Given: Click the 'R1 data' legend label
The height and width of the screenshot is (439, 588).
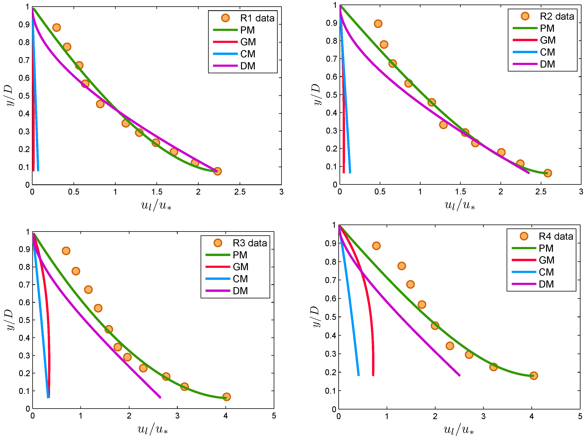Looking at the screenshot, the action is click(257, 18).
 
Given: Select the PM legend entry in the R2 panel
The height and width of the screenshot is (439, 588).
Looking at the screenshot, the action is click(547, 28).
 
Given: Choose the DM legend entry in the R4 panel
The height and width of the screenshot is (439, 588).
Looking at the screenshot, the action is click(546, 284).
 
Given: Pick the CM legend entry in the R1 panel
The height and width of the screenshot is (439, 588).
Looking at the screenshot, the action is click(248, 54).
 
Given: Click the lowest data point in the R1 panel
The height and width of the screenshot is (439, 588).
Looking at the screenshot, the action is click(217, 171).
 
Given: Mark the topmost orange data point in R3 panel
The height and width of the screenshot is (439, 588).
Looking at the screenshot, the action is click(66, 251).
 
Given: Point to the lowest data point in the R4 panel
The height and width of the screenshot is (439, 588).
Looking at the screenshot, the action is click(533, 376).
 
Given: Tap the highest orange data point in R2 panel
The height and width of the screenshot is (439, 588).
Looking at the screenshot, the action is click(378, 24).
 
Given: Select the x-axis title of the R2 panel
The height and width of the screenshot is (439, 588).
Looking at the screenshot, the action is click(460, 205).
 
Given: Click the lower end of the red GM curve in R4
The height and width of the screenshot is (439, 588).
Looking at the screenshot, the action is click(373, 376).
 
